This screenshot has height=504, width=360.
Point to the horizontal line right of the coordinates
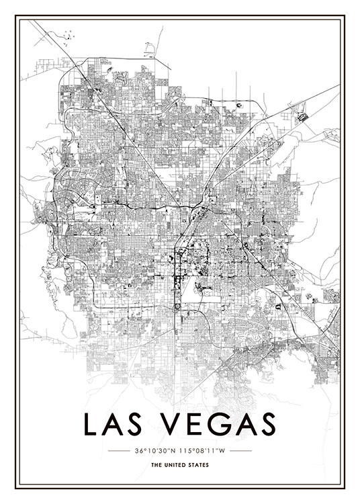240,450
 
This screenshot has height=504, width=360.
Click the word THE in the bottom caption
156,465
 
